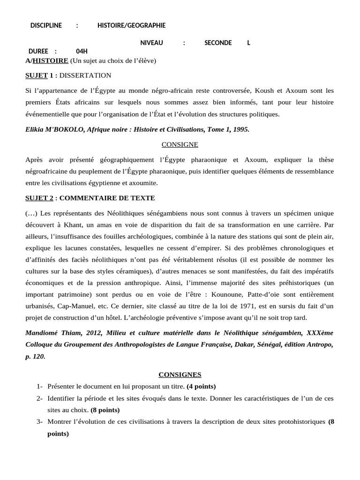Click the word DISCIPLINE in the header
[46, 25]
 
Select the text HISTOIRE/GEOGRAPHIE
[131, 25]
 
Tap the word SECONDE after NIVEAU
[218, 43]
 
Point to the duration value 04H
[82, 52]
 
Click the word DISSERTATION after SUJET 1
[86, 75]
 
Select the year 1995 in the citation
[240, 129]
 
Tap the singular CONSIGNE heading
[180, 144]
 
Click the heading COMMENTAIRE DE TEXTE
[107, 198]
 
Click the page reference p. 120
[35, 357]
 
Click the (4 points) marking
[201, 386]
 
